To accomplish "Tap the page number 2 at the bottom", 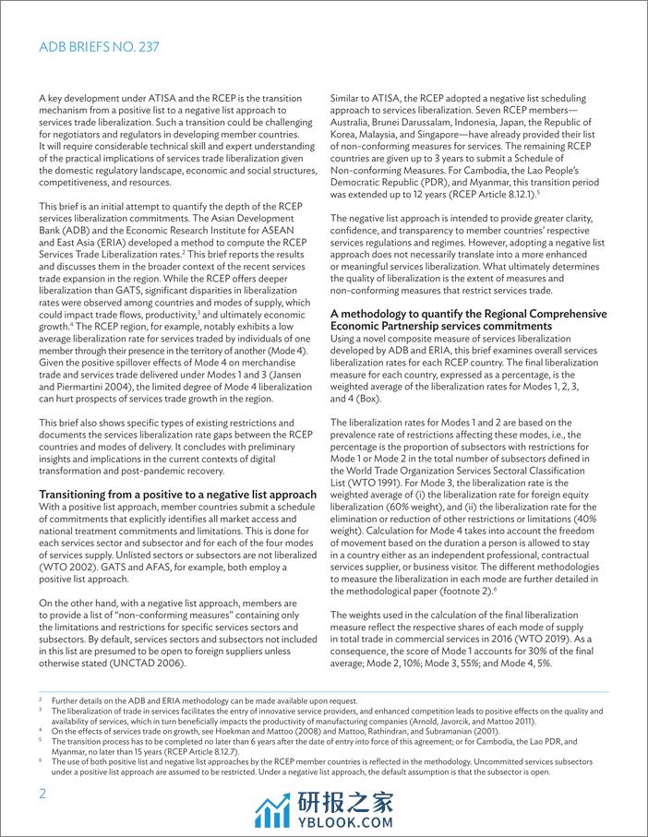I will [x=42, y=795].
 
